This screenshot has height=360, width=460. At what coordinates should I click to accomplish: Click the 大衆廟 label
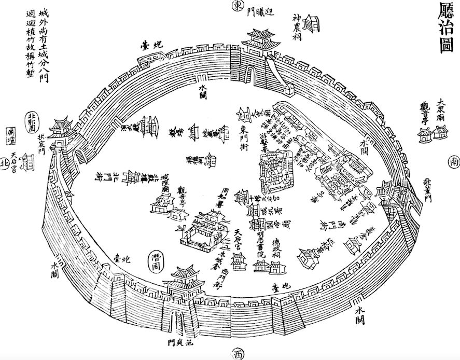point(441,110)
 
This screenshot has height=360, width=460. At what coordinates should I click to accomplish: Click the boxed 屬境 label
point(9,137)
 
